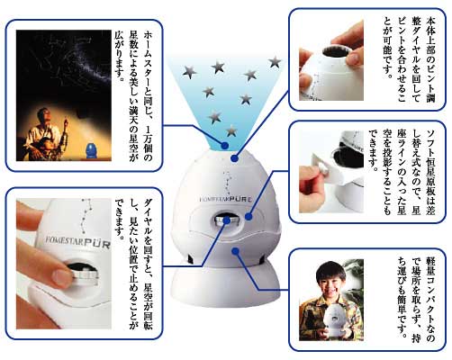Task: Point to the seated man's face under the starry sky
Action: click(x=43, y=116)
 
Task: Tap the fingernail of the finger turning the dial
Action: click(x=61, y=277)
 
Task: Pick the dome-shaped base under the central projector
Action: click(x=225, y=285)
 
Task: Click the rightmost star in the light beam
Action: click(x=275, y=62)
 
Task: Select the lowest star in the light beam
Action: click(x=231, y=130)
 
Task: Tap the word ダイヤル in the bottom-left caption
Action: click(x=149, y=216)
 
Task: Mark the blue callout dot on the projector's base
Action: click(x=236, y=250)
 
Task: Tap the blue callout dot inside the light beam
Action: click(x=225, y=146)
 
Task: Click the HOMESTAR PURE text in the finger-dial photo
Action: click(x=78, y=242)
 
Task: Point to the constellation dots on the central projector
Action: click(x=228, y=183)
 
